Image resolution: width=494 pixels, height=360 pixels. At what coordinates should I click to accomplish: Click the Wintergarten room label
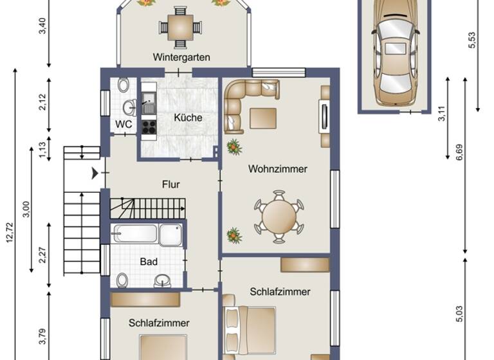181,57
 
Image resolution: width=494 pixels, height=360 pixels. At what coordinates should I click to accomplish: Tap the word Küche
188,118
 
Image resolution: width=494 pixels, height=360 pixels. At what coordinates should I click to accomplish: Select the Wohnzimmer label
277,169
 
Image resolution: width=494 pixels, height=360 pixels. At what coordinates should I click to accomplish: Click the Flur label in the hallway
170,184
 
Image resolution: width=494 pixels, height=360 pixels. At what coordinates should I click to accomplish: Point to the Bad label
149,262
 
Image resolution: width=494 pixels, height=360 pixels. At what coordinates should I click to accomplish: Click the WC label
123,123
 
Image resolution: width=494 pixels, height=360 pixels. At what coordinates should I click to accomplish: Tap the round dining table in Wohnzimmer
279,217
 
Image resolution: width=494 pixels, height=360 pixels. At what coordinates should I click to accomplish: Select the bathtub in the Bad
134,233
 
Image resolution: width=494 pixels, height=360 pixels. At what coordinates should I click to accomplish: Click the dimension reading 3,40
42,26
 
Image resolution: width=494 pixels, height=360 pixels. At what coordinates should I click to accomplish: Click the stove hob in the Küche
149,126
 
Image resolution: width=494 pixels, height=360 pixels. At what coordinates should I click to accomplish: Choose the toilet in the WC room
123,85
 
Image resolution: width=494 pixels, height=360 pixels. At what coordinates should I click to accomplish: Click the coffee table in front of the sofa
263,118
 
